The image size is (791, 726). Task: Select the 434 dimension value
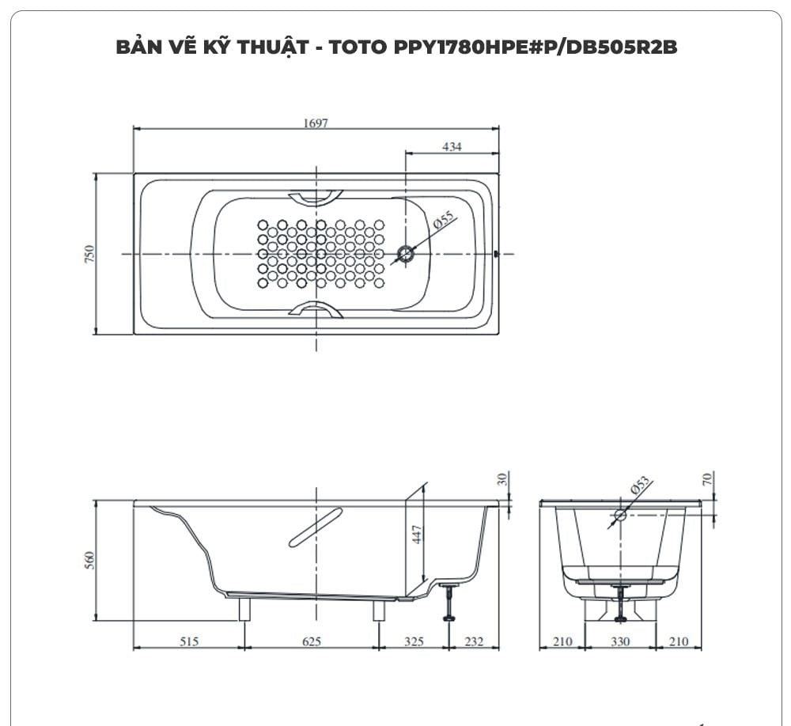coord(452,146)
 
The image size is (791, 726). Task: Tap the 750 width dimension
coord(89,254)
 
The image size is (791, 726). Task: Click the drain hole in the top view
coord(407,254)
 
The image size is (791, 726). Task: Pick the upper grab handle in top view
coord(316,196)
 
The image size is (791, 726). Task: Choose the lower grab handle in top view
coord(316,310)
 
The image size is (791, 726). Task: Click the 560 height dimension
coord(89,560)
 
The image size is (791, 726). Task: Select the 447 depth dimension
coord(418,535)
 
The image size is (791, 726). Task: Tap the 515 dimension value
coord(188,641)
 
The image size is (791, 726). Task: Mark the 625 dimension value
coord(311,641)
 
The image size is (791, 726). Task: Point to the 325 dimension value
coord(414,641)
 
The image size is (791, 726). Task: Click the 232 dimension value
coord(474,641)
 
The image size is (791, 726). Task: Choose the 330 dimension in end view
coord(621,641)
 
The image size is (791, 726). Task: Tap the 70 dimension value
coord(708,478)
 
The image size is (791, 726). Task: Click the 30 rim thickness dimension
coord(502,478)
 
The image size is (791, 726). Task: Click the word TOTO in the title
coord(359,47)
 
